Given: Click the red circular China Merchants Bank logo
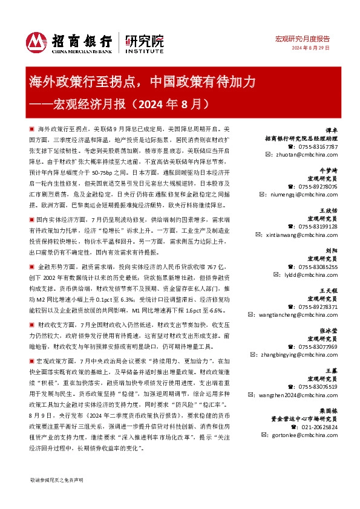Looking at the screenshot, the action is click(36, 41).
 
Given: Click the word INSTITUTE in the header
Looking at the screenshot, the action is click(144, 52).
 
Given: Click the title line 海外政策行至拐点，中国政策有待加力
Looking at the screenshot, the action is click(143, 82).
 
